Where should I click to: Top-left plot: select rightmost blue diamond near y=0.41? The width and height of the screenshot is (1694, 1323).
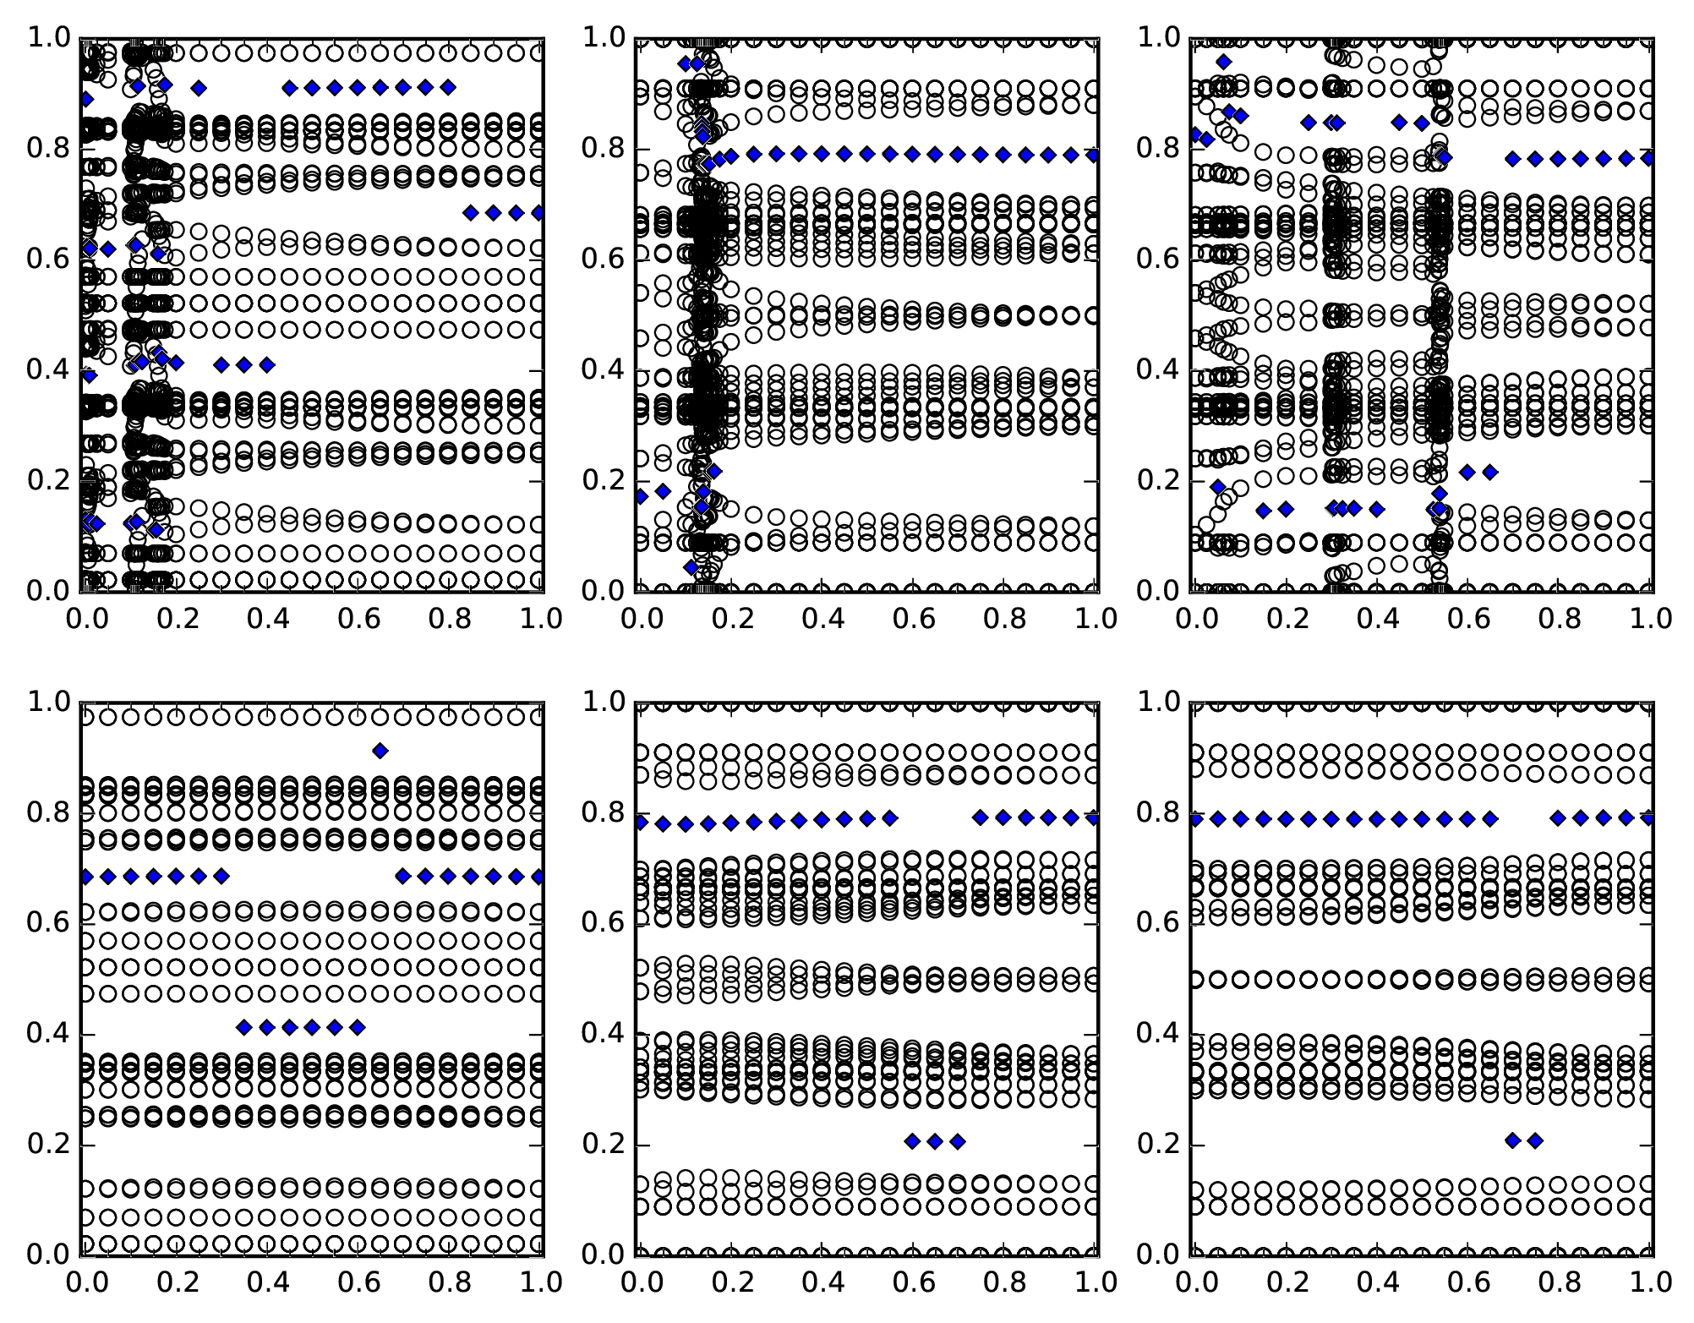click(267, 365)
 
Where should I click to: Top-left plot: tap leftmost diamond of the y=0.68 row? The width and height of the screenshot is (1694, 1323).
click(471, 212)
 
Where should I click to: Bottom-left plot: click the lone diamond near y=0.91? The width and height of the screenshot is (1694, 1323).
click(380, 751)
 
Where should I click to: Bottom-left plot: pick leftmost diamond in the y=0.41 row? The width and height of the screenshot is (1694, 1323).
click(244, 1027)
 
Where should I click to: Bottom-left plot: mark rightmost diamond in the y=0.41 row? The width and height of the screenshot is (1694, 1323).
click(358, 1027)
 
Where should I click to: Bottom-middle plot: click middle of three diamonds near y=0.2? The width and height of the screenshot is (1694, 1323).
click(935, 1141)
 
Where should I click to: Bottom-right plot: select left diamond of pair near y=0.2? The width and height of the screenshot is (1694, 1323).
click(1512, 1140)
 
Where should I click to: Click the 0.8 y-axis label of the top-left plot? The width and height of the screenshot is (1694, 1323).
click(48, 149)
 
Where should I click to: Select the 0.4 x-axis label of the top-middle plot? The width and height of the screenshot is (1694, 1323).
click(822, 618)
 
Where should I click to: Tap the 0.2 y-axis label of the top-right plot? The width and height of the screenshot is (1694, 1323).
click(1158, 481)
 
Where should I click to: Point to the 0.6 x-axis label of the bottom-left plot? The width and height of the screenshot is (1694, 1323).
click(358, 1282)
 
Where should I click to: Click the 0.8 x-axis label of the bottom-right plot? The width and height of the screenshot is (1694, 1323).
click(1559, 1282)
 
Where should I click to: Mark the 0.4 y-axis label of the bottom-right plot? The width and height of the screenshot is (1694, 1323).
click(1158, 1034)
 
